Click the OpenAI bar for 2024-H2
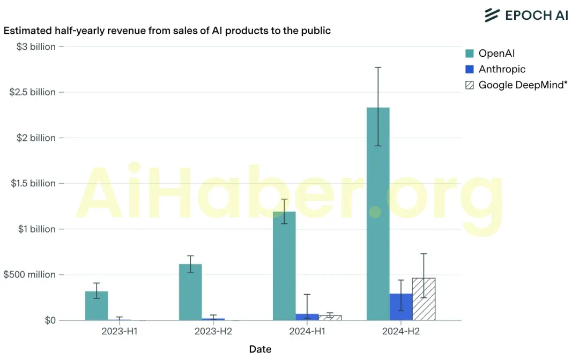click(378, 214)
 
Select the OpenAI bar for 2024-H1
click(284, 266)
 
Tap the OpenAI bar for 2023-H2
click(190, 292)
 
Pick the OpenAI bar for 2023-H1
click(96, 306)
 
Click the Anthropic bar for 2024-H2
click(401, 307)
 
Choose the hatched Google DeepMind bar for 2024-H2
click(424, 299)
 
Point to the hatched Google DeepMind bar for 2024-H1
click(330, 318)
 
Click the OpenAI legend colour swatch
click(470, 54)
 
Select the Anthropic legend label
click(502, 69)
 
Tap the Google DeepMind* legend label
click(523, 85)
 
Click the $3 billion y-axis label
click(36, 47)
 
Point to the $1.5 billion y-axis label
click(33, 183)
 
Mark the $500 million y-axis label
click(29, 274)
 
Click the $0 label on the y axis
click(50, 320)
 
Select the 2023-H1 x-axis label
click(119, 331)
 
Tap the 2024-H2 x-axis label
click(401, 331)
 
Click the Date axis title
click(261, 349)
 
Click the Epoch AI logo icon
click(492, 15)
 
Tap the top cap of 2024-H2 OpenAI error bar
click(378, 67)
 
